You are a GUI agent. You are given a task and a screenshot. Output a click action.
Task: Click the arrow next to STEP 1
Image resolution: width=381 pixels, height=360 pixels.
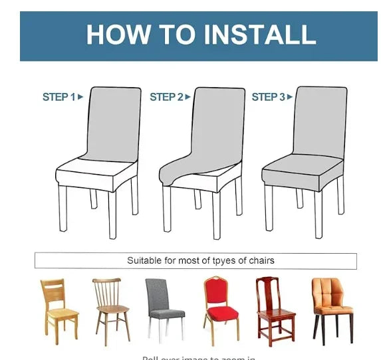80,97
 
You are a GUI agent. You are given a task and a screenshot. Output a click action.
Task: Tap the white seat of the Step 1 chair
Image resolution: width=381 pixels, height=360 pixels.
96,175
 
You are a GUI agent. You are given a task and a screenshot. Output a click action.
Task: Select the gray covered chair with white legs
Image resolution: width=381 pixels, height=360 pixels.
164,309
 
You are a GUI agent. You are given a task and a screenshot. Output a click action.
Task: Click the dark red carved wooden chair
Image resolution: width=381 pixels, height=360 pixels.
273,309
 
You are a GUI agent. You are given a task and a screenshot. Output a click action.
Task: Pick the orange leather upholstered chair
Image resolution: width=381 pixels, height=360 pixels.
331,309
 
